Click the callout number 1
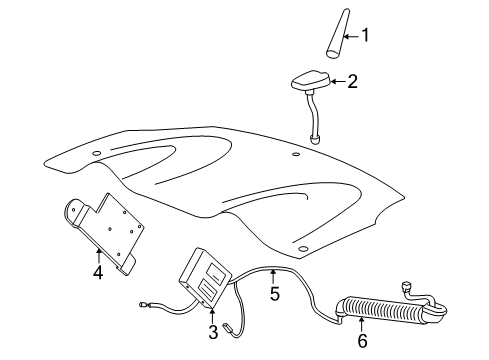point(365,37)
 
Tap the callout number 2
point(351,84)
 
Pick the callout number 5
point(274,295)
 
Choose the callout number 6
point(363,341)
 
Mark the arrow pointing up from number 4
point(97,253)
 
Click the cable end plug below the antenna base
point(315,140)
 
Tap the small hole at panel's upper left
point(98,152)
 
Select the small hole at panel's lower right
point(302,246)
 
